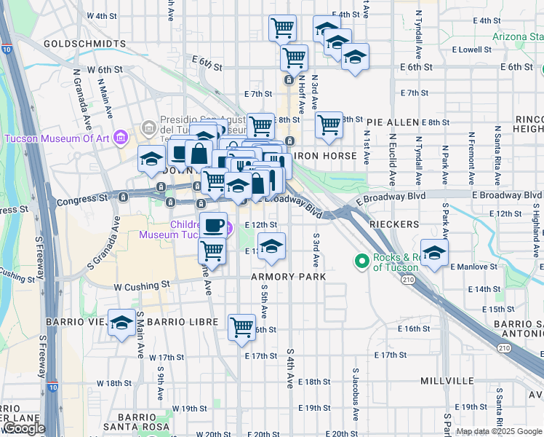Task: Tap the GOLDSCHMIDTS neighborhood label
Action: pyautogui.click(x=84, y=44)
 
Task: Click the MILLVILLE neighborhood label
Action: pyautogui.click(x=447, y=381)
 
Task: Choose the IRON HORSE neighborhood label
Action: pyautogui.click(x=326, y=156)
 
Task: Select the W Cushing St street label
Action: pyautogui.click(x=142, y=286)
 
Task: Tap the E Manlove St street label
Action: pyautogui.click(x=473, y=267)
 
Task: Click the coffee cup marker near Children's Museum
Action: pyautogui.click(x=212, y=225)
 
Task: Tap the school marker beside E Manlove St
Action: pyautogui.click(x=434, y=253)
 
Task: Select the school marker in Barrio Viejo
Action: pyautogui.click(x=121, y=323)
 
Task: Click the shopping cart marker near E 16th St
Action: pyautogui.click(x=242, y=326)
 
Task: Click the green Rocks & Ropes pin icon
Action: pyautogui.click(x=361, y=260)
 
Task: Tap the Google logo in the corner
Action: pyautogui.click(x=23, y=429)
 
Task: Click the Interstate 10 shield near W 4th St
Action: pyautogui.click(x=6, y=50)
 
